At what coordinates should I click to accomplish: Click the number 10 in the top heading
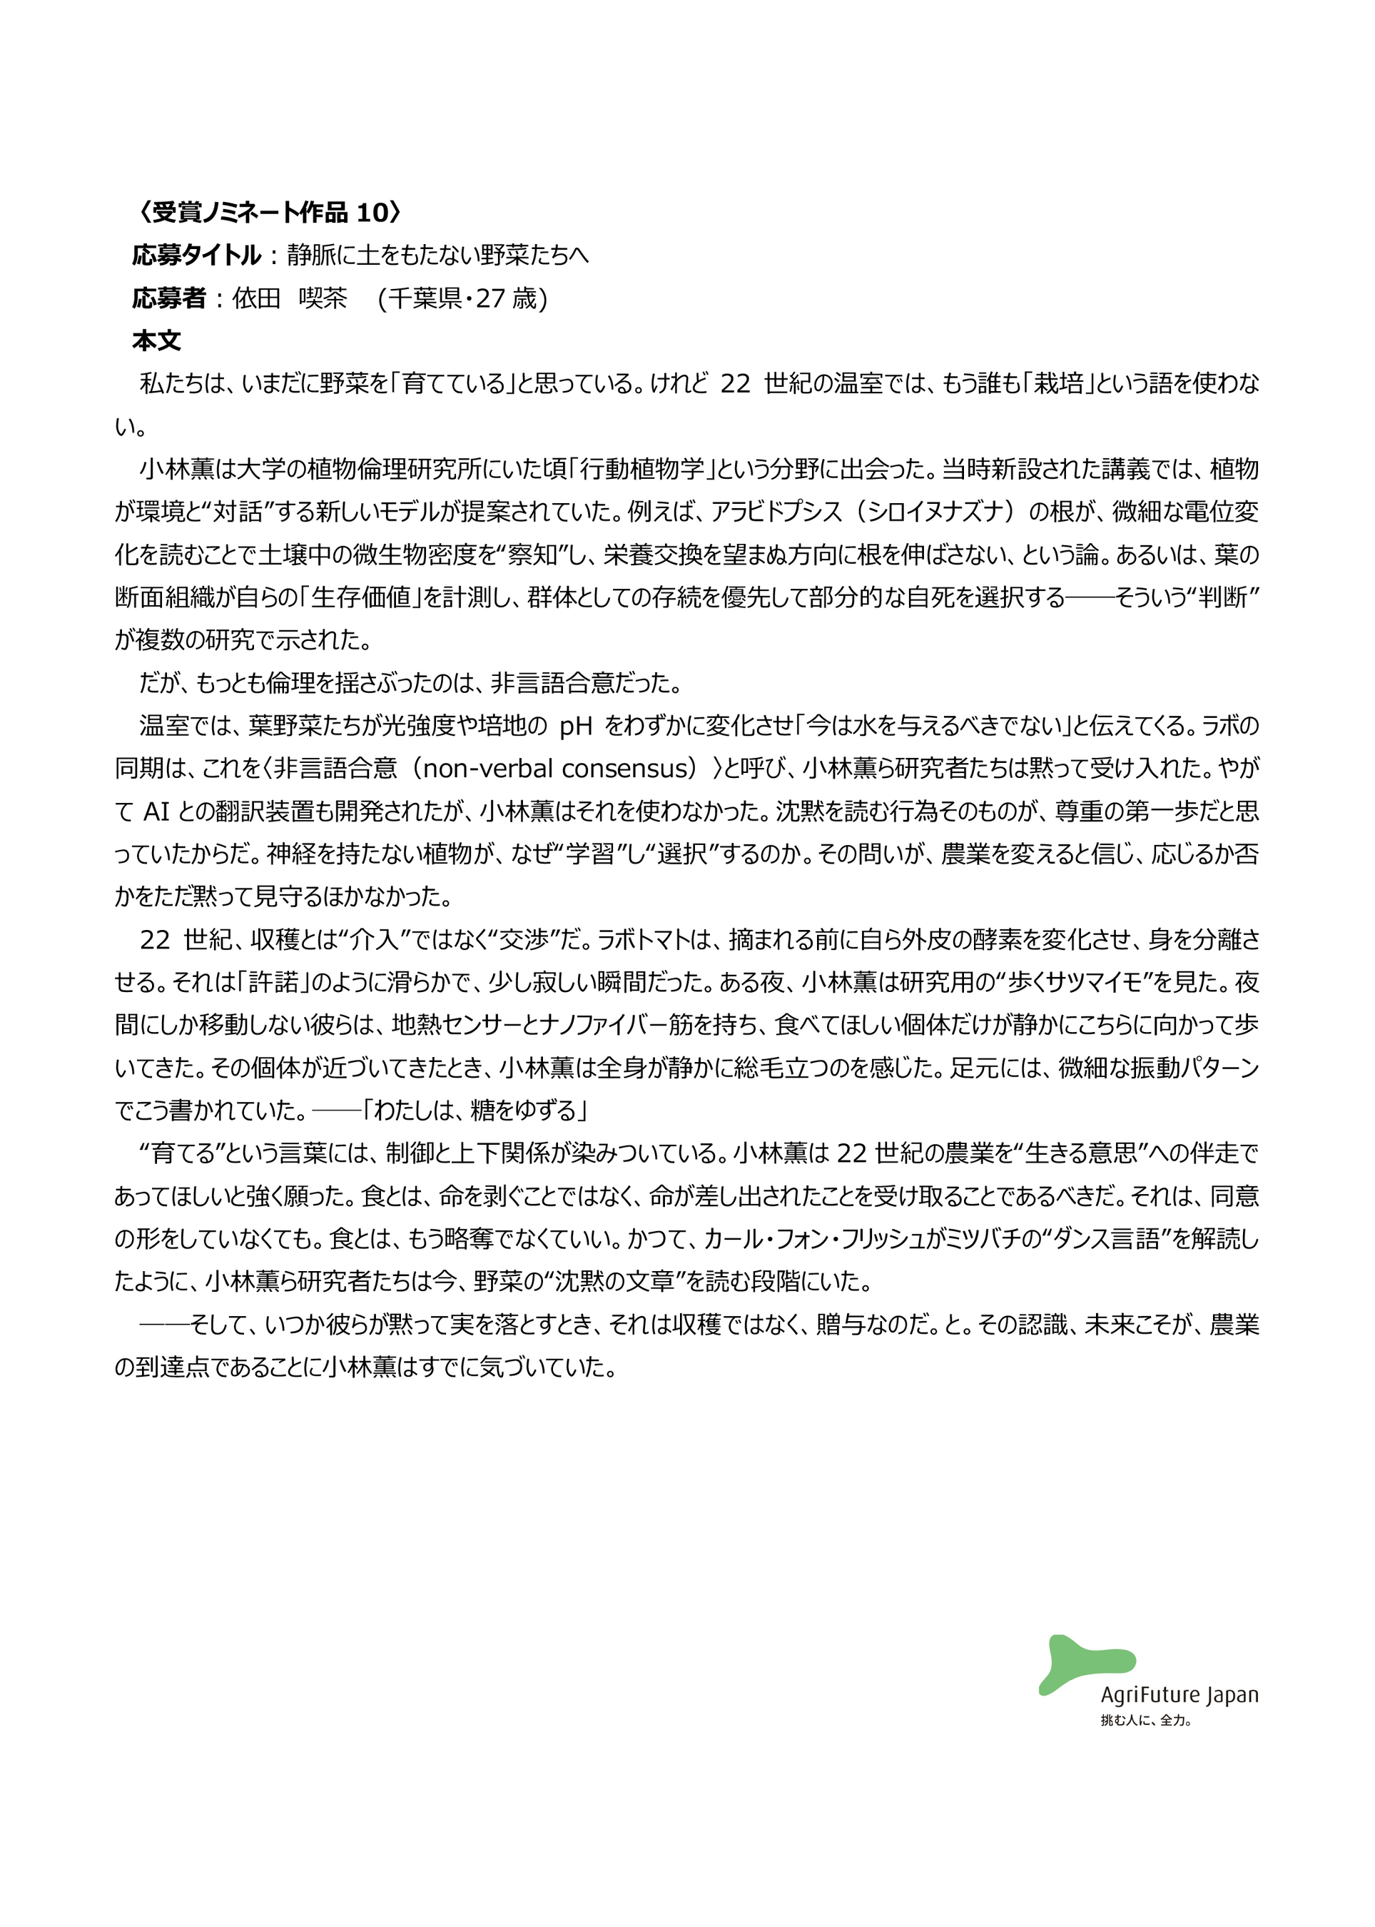[x=371, y=212]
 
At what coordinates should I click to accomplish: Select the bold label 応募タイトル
[x=196, y=255]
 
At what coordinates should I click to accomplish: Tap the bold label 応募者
[x=168, y=298]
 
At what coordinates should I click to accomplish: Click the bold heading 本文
[x=157, y=341]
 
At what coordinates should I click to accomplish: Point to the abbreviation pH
[x=576, y=726]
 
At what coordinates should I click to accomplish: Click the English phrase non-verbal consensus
[x=559, y=769]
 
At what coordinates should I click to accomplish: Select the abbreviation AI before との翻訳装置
[x=157, y=811]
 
